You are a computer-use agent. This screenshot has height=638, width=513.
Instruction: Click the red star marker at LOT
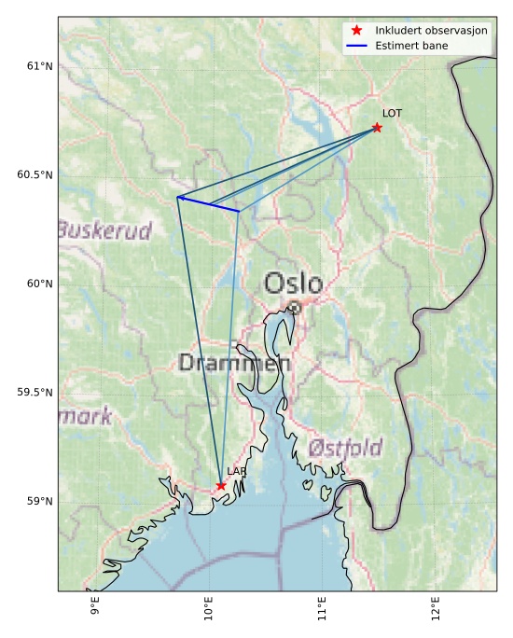tap(377, 127)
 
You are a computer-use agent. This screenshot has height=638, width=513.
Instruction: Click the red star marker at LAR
tap(221, 485)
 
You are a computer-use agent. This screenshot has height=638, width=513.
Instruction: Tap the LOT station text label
tap(392, 113)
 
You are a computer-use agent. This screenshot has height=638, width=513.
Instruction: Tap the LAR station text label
tap(236, 472)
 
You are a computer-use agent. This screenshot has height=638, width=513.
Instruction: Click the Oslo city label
tap(293, 283)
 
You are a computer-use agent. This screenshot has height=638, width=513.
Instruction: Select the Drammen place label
tap(234, 363)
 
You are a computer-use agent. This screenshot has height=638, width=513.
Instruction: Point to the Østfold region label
tap(344, 449)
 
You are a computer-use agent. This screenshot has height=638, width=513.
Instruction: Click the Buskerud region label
tap(104, 229)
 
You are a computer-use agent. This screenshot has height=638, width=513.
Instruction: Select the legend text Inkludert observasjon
tap(432, 31)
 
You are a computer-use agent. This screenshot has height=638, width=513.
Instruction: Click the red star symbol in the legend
tap(356, 31)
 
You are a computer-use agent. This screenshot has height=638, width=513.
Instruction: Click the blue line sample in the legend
tap(356, 45)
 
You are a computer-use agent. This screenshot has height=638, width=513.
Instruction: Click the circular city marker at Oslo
tap(294, 307)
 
